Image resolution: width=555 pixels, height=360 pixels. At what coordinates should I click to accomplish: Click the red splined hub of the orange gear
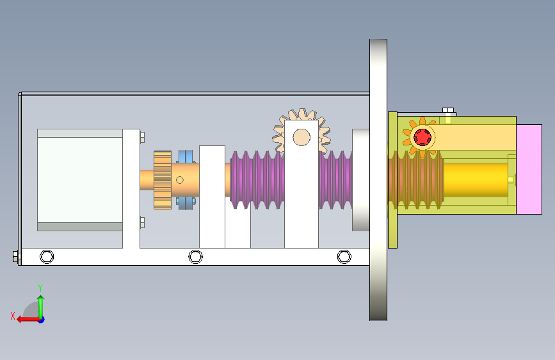point(422,137)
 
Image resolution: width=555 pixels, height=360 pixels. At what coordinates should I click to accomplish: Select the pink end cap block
point(529,169)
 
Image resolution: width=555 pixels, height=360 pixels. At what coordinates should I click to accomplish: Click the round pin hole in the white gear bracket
point(302,138)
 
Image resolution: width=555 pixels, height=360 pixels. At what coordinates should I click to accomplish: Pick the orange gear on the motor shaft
point(163,180)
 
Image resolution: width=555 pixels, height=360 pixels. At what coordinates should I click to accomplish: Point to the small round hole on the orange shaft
point(180,180)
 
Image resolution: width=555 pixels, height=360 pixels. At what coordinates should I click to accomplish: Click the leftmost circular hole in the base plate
point(47,256)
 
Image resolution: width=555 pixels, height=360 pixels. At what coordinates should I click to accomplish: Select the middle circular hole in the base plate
point(195,256)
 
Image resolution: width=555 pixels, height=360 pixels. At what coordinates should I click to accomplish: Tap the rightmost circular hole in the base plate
point(344,256)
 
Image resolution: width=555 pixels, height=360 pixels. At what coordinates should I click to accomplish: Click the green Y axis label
point(40,288)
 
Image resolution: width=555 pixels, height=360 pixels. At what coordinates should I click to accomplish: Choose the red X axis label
point(13,316)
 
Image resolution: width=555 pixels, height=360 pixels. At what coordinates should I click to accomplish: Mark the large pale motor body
point(80,180)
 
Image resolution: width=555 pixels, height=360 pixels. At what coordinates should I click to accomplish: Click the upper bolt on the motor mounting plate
point(142,138)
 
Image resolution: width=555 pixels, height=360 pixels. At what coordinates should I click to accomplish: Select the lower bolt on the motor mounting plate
point(142,222)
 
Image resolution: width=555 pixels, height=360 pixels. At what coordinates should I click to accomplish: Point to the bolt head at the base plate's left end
point(15,256)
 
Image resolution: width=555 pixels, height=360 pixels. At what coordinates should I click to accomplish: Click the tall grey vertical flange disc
point(378,180)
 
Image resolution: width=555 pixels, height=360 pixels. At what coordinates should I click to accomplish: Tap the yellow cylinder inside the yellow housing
point(476,179)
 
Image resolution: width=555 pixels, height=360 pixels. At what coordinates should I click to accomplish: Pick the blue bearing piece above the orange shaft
point(186,156)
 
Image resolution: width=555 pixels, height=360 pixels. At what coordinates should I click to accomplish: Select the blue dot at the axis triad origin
point(41,320)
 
